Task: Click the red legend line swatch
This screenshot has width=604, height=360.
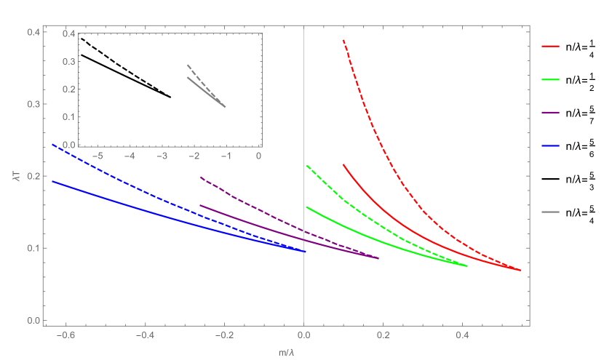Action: coord(550,47)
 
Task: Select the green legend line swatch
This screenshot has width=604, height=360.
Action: coord(550,79)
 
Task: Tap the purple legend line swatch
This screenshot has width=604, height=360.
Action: coord(550,113)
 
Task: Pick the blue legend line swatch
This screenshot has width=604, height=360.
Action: coord(550,145)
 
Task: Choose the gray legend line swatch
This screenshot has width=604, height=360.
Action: coord(550,212)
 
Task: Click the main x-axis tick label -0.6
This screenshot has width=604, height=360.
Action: coord(64,336)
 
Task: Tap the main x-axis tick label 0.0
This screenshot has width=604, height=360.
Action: coord(303,336)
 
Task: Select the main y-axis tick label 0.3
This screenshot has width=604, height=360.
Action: coord(32,104)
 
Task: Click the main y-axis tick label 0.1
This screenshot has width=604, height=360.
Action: coord(32,248)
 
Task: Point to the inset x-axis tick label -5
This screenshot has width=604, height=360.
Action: coord(98,156)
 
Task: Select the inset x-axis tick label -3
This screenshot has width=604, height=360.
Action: coord(162,156)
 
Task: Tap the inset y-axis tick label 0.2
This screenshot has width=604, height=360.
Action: coord(68,89)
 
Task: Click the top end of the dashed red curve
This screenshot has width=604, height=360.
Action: coord(343,41)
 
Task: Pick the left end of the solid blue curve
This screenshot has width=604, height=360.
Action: coord(52,181)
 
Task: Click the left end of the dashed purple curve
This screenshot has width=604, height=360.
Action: coord(200,177)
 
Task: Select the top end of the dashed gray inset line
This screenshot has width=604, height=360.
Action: coord(187,65)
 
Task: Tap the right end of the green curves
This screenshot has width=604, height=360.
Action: coord(466,266)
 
